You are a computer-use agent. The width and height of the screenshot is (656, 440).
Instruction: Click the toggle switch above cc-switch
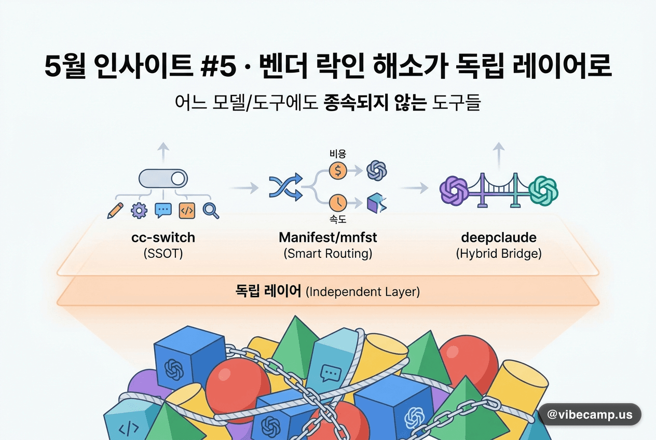163,178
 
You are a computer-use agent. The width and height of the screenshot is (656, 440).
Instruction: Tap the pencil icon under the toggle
115,211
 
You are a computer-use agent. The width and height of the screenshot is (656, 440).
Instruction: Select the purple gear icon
139,211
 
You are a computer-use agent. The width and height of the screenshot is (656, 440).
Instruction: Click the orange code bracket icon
187,211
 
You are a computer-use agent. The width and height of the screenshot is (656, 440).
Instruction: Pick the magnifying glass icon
211,211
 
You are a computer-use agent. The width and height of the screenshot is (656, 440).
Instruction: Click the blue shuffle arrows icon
286,187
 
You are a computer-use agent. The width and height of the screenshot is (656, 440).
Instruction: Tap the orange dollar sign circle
338,171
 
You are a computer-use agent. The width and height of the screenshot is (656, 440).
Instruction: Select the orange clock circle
338,202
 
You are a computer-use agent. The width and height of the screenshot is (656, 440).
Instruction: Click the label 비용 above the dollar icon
338,154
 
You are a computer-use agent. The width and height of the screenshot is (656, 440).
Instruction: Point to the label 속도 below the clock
338,219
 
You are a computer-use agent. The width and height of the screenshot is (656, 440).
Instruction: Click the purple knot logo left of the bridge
454,190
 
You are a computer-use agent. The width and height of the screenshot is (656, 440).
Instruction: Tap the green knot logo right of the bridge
543,190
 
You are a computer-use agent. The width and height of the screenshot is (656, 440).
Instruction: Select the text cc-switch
163,238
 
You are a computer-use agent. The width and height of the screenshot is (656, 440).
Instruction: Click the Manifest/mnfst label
327,238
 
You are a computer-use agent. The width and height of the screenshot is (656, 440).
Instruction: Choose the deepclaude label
499,238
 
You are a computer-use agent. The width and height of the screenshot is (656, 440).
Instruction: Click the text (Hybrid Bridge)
499,254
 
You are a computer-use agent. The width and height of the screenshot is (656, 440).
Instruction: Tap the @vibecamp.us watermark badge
590,414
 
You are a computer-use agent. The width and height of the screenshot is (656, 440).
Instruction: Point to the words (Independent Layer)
363,292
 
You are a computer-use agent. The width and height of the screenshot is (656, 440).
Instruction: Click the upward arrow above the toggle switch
163,153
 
